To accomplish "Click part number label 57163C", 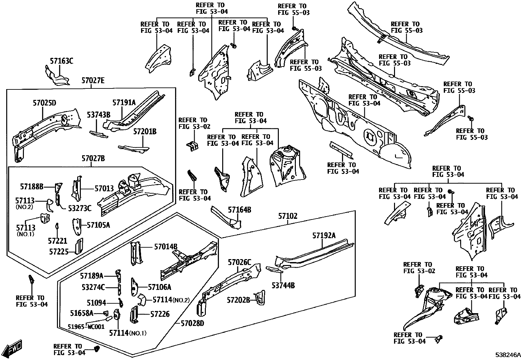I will (62, 61).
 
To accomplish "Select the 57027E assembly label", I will (93, 80).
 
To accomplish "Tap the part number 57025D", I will (44, 103).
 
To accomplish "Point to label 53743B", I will (99, 115).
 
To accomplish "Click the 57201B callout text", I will (145, 132).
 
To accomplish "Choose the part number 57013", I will (104, 189).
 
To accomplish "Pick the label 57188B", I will (32, 187).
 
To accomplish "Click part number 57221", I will (58, 241).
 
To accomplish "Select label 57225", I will (59, 251).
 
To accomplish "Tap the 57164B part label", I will (239, 210).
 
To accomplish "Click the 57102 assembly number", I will (288, 216).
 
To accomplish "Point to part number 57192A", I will (324, 235).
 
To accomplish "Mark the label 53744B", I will (283, 286).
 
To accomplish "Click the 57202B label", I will (239, 300).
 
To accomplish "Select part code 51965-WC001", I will (86, 327).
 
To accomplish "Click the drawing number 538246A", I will (507, 355).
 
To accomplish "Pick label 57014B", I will (166, 246).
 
